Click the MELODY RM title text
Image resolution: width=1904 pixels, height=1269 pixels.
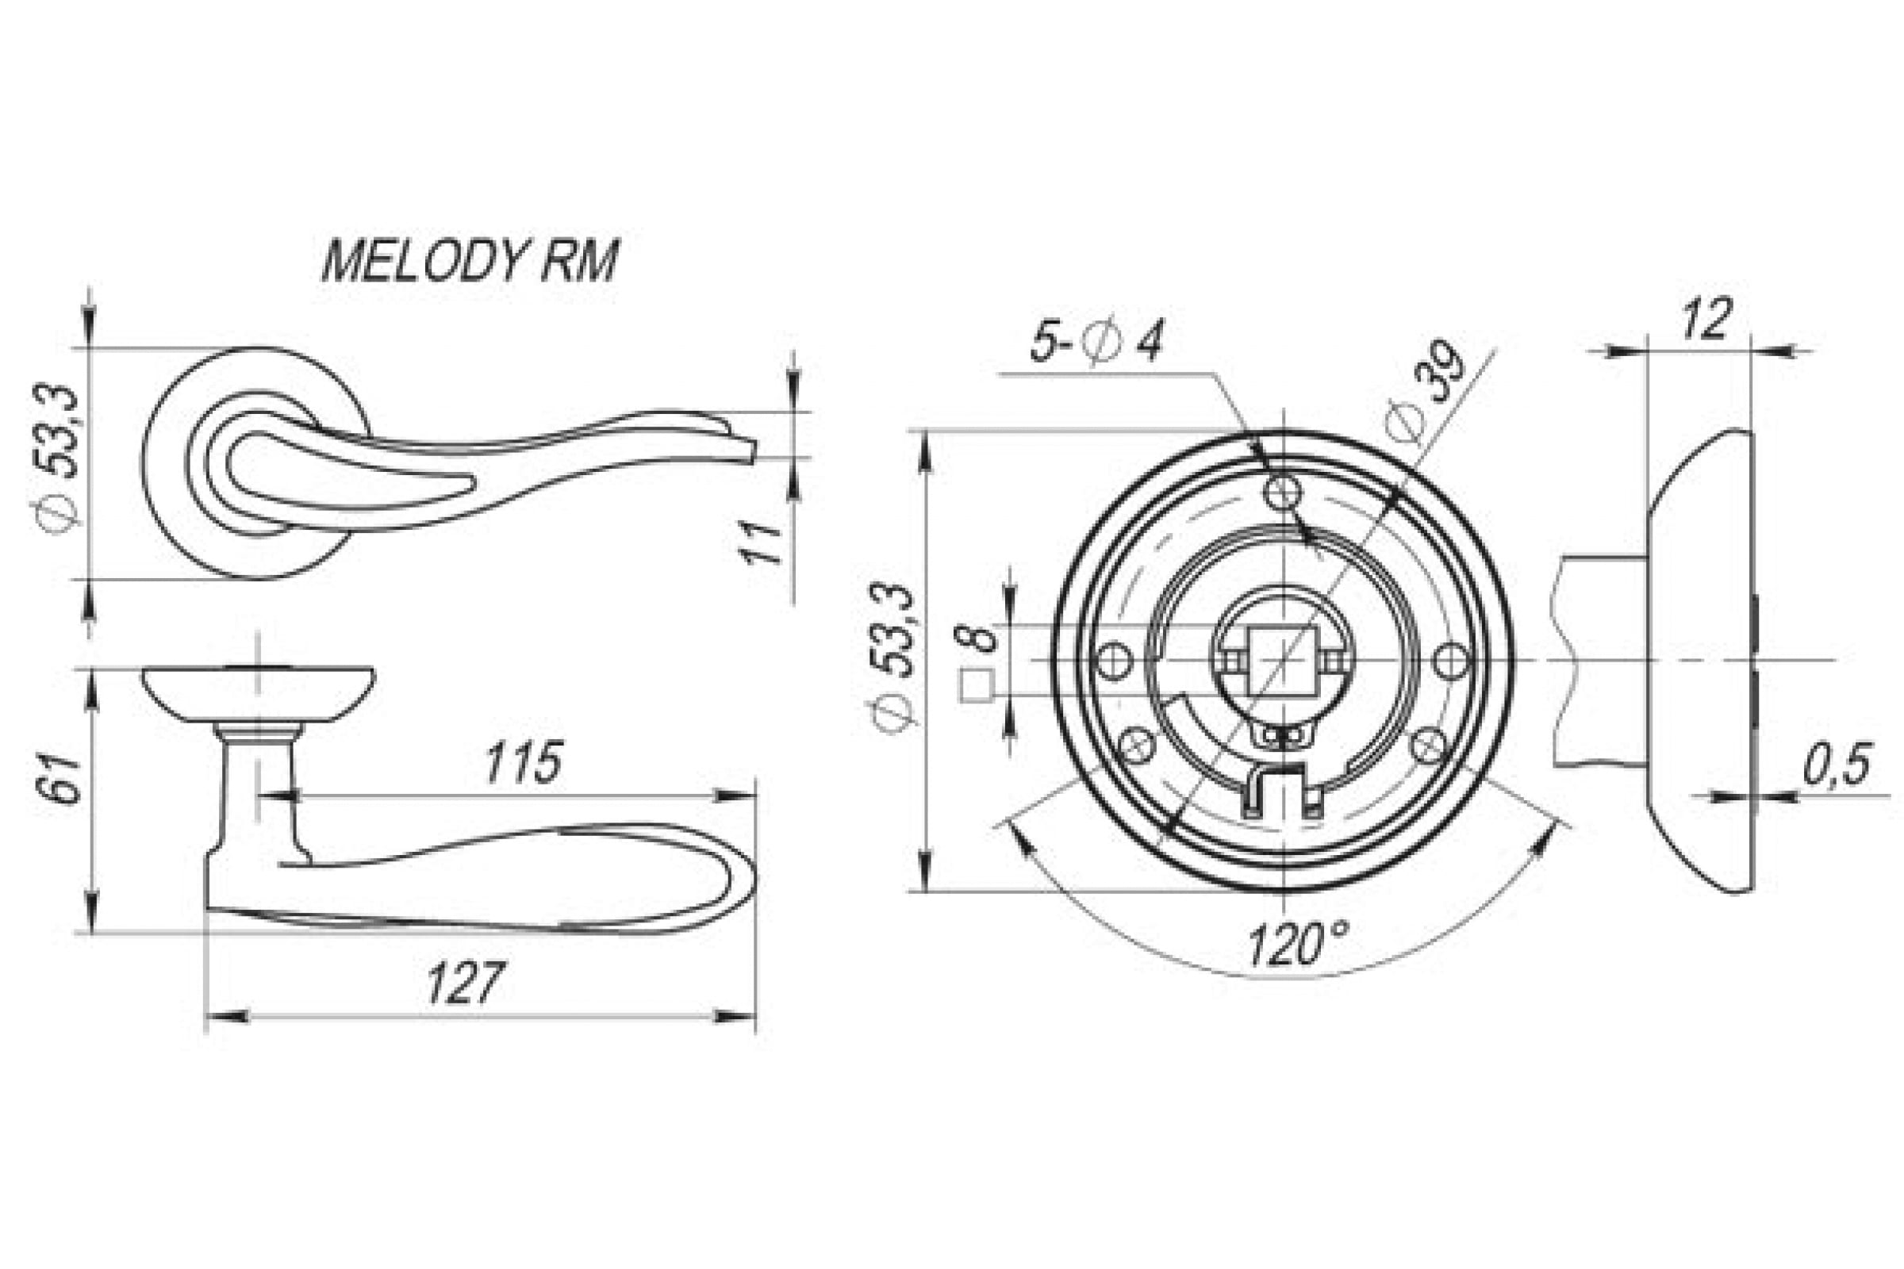470,261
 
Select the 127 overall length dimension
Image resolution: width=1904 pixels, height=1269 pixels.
465,983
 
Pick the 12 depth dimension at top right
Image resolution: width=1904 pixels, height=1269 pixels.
1705,320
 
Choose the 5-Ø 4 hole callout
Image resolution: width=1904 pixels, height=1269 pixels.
1096,343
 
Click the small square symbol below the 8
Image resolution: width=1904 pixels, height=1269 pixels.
977,686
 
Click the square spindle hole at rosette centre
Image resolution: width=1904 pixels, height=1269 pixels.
1282,660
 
